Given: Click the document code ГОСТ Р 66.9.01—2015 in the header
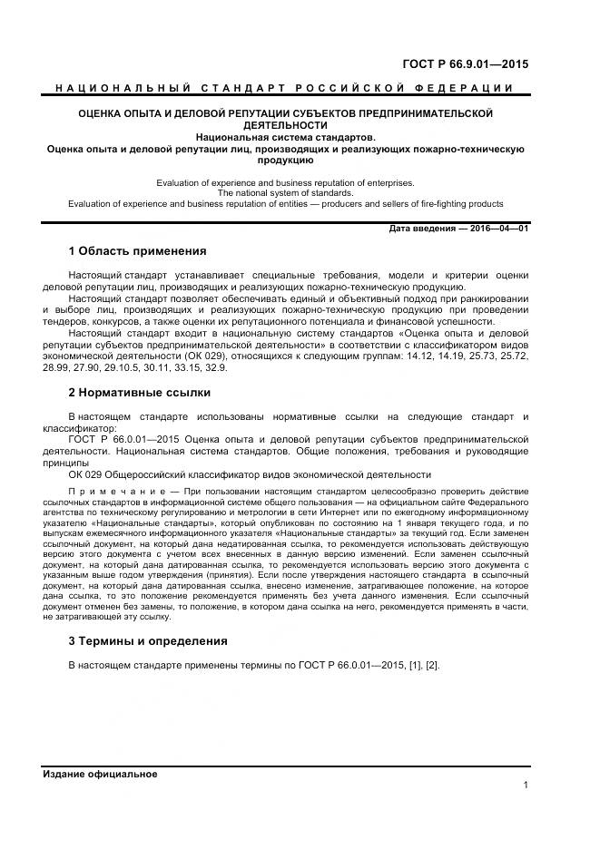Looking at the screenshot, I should tap(465, 64).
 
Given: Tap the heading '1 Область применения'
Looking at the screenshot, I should tap(137, 251).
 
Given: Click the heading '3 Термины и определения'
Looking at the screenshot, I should tap(147, 641).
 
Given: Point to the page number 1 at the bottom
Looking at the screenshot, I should tap(526, 785).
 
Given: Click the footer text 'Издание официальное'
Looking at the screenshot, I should tap(100, 774).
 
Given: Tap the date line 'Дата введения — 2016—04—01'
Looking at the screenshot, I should tap(458, 228).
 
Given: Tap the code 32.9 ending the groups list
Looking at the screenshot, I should tap(216, 368).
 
